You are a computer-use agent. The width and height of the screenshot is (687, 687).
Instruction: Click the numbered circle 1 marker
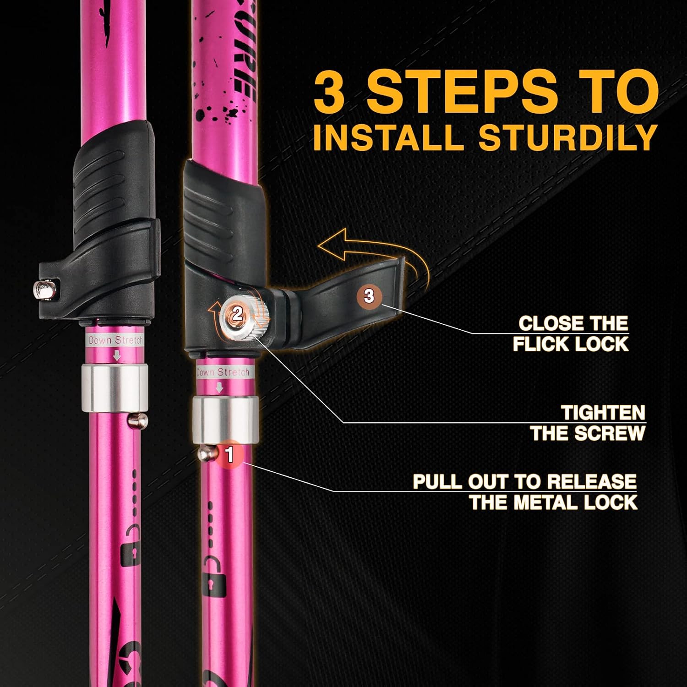[230, 454]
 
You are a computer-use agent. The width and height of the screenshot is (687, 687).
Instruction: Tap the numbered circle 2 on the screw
[237, 314]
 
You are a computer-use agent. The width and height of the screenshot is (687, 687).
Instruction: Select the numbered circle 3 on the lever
[369, 296]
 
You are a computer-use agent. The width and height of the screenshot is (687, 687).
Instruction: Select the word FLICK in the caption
[539, 344]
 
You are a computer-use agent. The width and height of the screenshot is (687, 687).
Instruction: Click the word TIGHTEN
[603, 413]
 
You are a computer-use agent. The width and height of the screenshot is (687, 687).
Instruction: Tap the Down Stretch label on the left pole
[115, 340]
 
